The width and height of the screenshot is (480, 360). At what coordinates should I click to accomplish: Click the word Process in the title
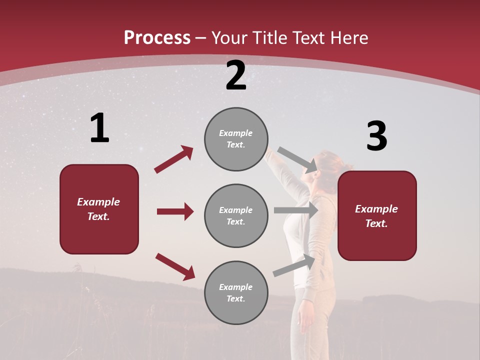tap(157, 37)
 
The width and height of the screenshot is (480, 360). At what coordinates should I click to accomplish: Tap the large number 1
tap(99, 128)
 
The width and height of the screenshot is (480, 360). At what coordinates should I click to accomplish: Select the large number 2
tap(236, 76)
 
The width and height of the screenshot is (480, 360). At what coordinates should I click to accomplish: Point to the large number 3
tap(376, 137)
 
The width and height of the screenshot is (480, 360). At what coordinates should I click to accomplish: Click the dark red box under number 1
tap(99, 209)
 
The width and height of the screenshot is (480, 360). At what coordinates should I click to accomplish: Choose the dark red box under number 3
tap(377, 215)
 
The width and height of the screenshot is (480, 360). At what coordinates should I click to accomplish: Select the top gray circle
tap(236, 139)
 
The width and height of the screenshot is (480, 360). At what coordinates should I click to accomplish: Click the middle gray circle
tap(236, 216)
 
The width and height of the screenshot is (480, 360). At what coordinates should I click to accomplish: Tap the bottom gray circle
tap(236, 293)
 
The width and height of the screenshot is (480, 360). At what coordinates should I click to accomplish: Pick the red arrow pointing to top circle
tap(173, 159)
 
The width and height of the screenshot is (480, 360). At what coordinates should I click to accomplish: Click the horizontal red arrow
tap(175, 211)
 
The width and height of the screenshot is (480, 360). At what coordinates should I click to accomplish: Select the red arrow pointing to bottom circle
tap(175, 266)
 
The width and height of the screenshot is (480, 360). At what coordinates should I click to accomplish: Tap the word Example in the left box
tap(98, 202)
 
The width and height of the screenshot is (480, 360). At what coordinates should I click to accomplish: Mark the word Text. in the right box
tap(376, 223)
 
